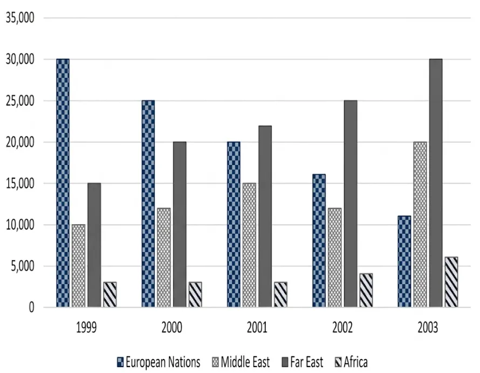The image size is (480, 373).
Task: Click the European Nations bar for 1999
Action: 63,183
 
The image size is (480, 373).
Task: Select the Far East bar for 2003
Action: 436,183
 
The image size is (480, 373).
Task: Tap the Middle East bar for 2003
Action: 420,224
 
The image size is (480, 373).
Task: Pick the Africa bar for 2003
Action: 451,282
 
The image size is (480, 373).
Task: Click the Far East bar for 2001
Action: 265,216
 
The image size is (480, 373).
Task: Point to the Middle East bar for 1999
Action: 79,266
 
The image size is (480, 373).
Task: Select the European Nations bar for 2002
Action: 319,240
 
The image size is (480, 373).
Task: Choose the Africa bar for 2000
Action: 195,294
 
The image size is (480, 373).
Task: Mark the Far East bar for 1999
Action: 94,245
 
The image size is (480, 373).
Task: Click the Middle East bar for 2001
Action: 249,245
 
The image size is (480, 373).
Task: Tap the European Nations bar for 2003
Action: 404,261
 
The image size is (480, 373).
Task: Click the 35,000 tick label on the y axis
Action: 20,18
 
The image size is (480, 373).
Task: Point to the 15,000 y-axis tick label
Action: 20,183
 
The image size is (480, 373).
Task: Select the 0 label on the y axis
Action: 31,307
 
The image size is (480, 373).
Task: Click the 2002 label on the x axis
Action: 342,327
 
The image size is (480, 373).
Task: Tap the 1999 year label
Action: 86,327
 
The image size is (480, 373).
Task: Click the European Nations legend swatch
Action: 120,362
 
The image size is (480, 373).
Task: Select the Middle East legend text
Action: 245,362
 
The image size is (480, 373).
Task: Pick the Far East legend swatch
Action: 285,362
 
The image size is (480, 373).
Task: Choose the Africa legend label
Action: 355,362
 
